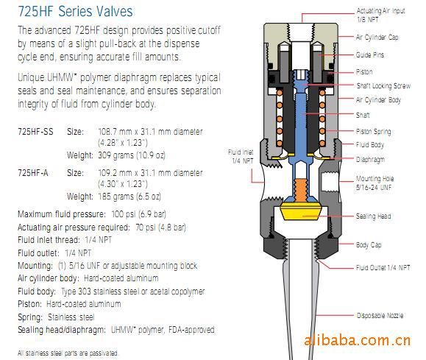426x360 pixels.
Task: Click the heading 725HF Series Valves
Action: pos(75,12)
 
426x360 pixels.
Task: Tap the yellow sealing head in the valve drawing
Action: pos(301,211)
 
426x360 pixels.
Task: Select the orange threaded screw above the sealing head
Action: pos(301,190)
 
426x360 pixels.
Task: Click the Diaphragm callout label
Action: pos(370,159)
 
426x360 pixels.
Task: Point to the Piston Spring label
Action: pos(374,132)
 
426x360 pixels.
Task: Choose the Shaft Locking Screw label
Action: pos(383,86)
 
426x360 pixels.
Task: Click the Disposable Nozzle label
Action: pos(380,315)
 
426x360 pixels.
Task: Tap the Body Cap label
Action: pos(369,244)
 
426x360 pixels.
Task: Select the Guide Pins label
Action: pos(370,55)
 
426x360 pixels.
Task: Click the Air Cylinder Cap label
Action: pos(377,38)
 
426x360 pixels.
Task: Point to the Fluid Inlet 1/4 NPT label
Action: pos(241,157)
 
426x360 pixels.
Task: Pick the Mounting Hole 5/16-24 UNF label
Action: pos(375,183)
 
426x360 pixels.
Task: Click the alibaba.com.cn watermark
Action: pos(357,340)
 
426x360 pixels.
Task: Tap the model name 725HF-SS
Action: pos(35,132)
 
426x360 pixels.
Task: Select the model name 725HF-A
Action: pos(33,173)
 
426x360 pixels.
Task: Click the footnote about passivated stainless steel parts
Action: pos(68,353)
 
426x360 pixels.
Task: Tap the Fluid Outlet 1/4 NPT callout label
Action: pos(383,268)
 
